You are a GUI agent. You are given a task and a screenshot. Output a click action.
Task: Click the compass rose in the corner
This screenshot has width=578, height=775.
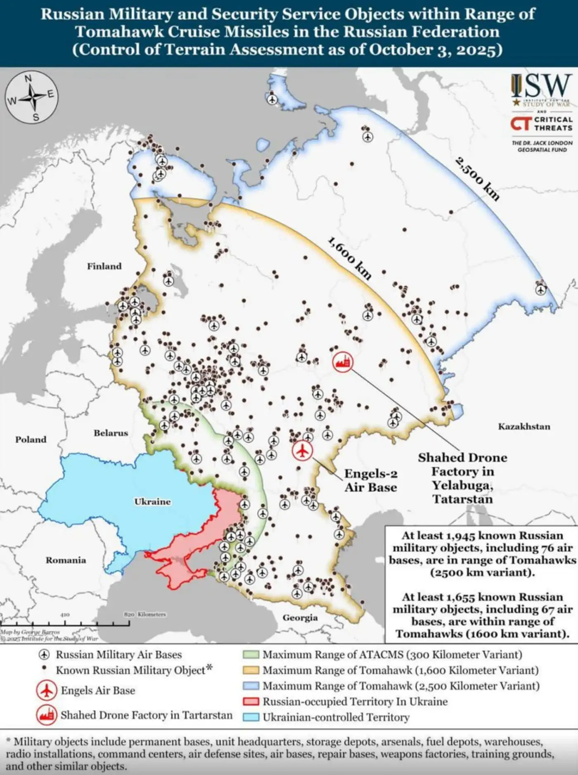(x=31, y=97)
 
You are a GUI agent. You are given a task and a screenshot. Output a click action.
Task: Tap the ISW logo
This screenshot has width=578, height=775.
(x=541, y=88)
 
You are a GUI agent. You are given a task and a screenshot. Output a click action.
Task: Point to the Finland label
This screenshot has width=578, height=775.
(x=104, y=266)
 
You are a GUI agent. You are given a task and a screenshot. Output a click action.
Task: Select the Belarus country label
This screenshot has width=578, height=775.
(x=111, y=433)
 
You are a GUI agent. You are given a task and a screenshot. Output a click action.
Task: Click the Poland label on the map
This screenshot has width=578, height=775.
(x=31, y=439)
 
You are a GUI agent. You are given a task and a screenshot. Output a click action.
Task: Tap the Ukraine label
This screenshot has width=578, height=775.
(x=152, y=501)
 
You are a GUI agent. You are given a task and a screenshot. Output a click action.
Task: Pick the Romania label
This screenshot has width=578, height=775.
(x=66, y=560)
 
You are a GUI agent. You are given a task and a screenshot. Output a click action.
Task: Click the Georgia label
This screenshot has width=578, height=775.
(x=300, y=617)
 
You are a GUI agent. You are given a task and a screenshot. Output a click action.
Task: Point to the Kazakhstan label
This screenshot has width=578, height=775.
(x=524, y=426)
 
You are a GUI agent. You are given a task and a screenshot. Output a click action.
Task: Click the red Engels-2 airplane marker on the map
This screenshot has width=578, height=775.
(x=303, y=451)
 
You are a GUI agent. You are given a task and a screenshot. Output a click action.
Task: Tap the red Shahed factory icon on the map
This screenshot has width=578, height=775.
(x=343, y=362)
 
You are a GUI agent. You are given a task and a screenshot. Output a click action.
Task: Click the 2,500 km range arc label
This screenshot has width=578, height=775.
(x=478, y=179)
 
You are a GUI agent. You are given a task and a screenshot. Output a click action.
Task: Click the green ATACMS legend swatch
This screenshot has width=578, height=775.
(x=251, y=655)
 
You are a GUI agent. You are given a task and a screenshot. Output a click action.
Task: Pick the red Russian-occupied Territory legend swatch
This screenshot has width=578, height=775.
(x=251, y=702)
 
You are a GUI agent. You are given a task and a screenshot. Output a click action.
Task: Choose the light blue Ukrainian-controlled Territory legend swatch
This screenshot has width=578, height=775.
(x=251, y=717)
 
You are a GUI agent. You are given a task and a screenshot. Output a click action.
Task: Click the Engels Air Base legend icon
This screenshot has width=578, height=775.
(x=46, y=690)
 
